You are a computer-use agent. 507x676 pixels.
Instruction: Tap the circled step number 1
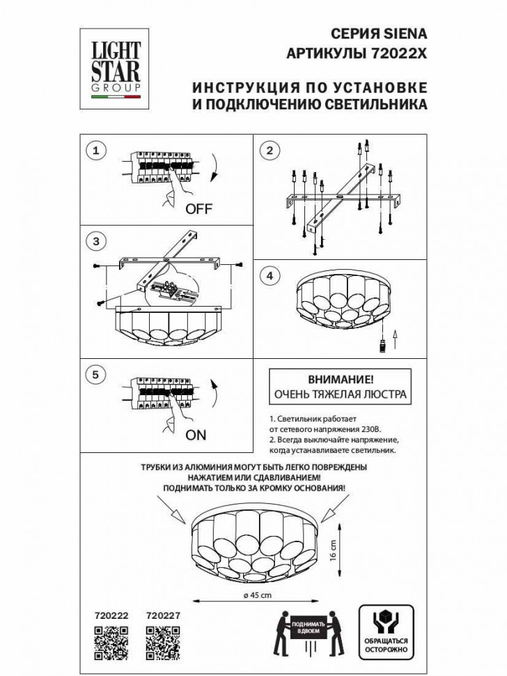97,151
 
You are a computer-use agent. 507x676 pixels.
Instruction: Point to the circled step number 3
97,241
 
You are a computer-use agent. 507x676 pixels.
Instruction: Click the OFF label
198,209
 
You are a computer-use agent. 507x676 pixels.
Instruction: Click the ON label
196,435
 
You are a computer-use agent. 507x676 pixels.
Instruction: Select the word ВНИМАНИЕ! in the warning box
341,381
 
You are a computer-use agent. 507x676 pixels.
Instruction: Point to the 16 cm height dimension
334,546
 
